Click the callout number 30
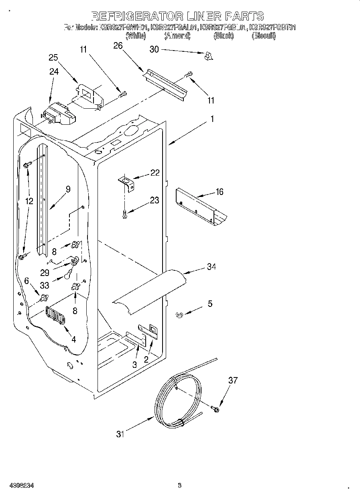coord(154,49)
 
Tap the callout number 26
coord(118,46)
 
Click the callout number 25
coord(53,57)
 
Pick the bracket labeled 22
coord(126,183)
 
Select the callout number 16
coord(219,192)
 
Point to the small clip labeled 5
coord(179,315)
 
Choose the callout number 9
coord(68,189)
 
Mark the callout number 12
coord(29,201)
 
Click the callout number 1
coord(212,119)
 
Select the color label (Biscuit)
coord(263,36)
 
